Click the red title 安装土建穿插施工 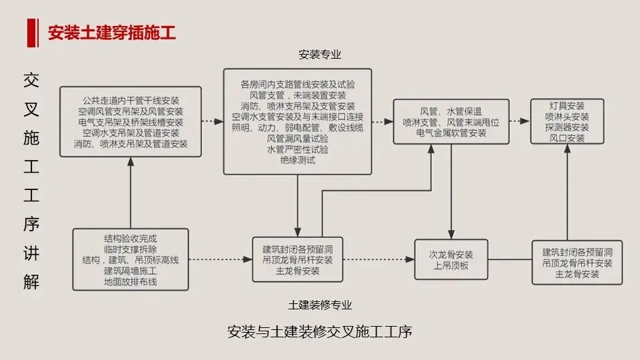(112, 33)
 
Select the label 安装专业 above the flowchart (319, 54)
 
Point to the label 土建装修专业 (319, 305)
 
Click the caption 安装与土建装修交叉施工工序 (319, 331)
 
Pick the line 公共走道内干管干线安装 (131, 101)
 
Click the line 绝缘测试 (297, 160)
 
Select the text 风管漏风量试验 (297, 139)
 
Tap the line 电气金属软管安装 (451, 133)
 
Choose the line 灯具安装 (567, 106)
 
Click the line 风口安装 (567, 138)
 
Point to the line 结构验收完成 (131, 239)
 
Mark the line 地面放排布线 (131, 281)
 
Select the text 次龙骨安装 (451, 255)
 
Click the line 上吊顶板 (451, 266)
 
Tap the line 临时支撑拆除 (131, 249)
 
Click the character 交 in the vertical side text (31, 80)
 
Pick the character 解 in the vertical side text (31, 281)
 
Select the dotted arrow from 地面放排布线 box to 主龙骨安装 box (221, 259)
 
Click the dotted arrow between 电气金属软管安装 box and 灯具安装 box (519, 121)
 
